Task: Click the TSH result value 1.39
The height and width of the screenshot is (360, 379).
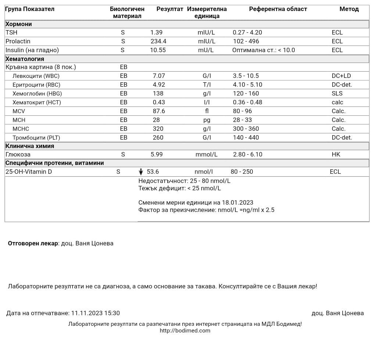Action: (156, 33)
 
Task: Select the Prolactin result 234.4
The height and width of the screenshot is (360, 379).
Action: (158, 42)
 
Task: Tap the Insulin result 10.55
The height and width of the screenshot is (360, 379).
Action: (158, 50)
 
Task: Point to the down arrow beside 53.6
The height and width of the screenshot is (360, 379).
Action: (141, 172)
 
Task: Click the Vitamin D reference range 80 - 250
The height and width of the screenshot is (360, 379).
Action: (242, 172)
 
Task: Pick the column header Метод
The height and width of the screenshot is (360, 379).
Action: (349, 9)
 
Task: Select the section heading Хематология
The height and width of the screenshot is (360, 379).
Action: (25, 59)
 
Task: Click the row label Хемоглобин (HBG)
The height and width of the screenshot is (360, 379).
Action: (37, 94)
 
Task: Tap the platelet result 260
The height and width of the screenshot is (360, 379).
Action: (158, 138)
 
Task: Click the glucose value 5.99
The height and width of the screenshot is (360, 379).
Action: (157, 155)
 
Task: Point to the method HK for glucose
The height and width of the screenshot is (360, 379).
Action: (336, 155)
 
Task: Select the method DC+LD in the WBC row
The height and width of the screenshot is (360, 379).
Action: (341, 76)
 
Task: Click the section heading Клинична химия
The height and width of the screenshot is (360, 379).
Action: (30, 146)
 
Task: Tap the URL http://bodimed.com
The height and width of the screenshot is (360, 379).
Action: (185, 331)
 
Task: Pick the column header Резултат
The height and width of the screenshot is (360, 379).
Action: (169, 9)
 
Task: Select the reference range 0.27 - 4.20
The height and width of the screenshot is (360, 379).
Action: (247, 33)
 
